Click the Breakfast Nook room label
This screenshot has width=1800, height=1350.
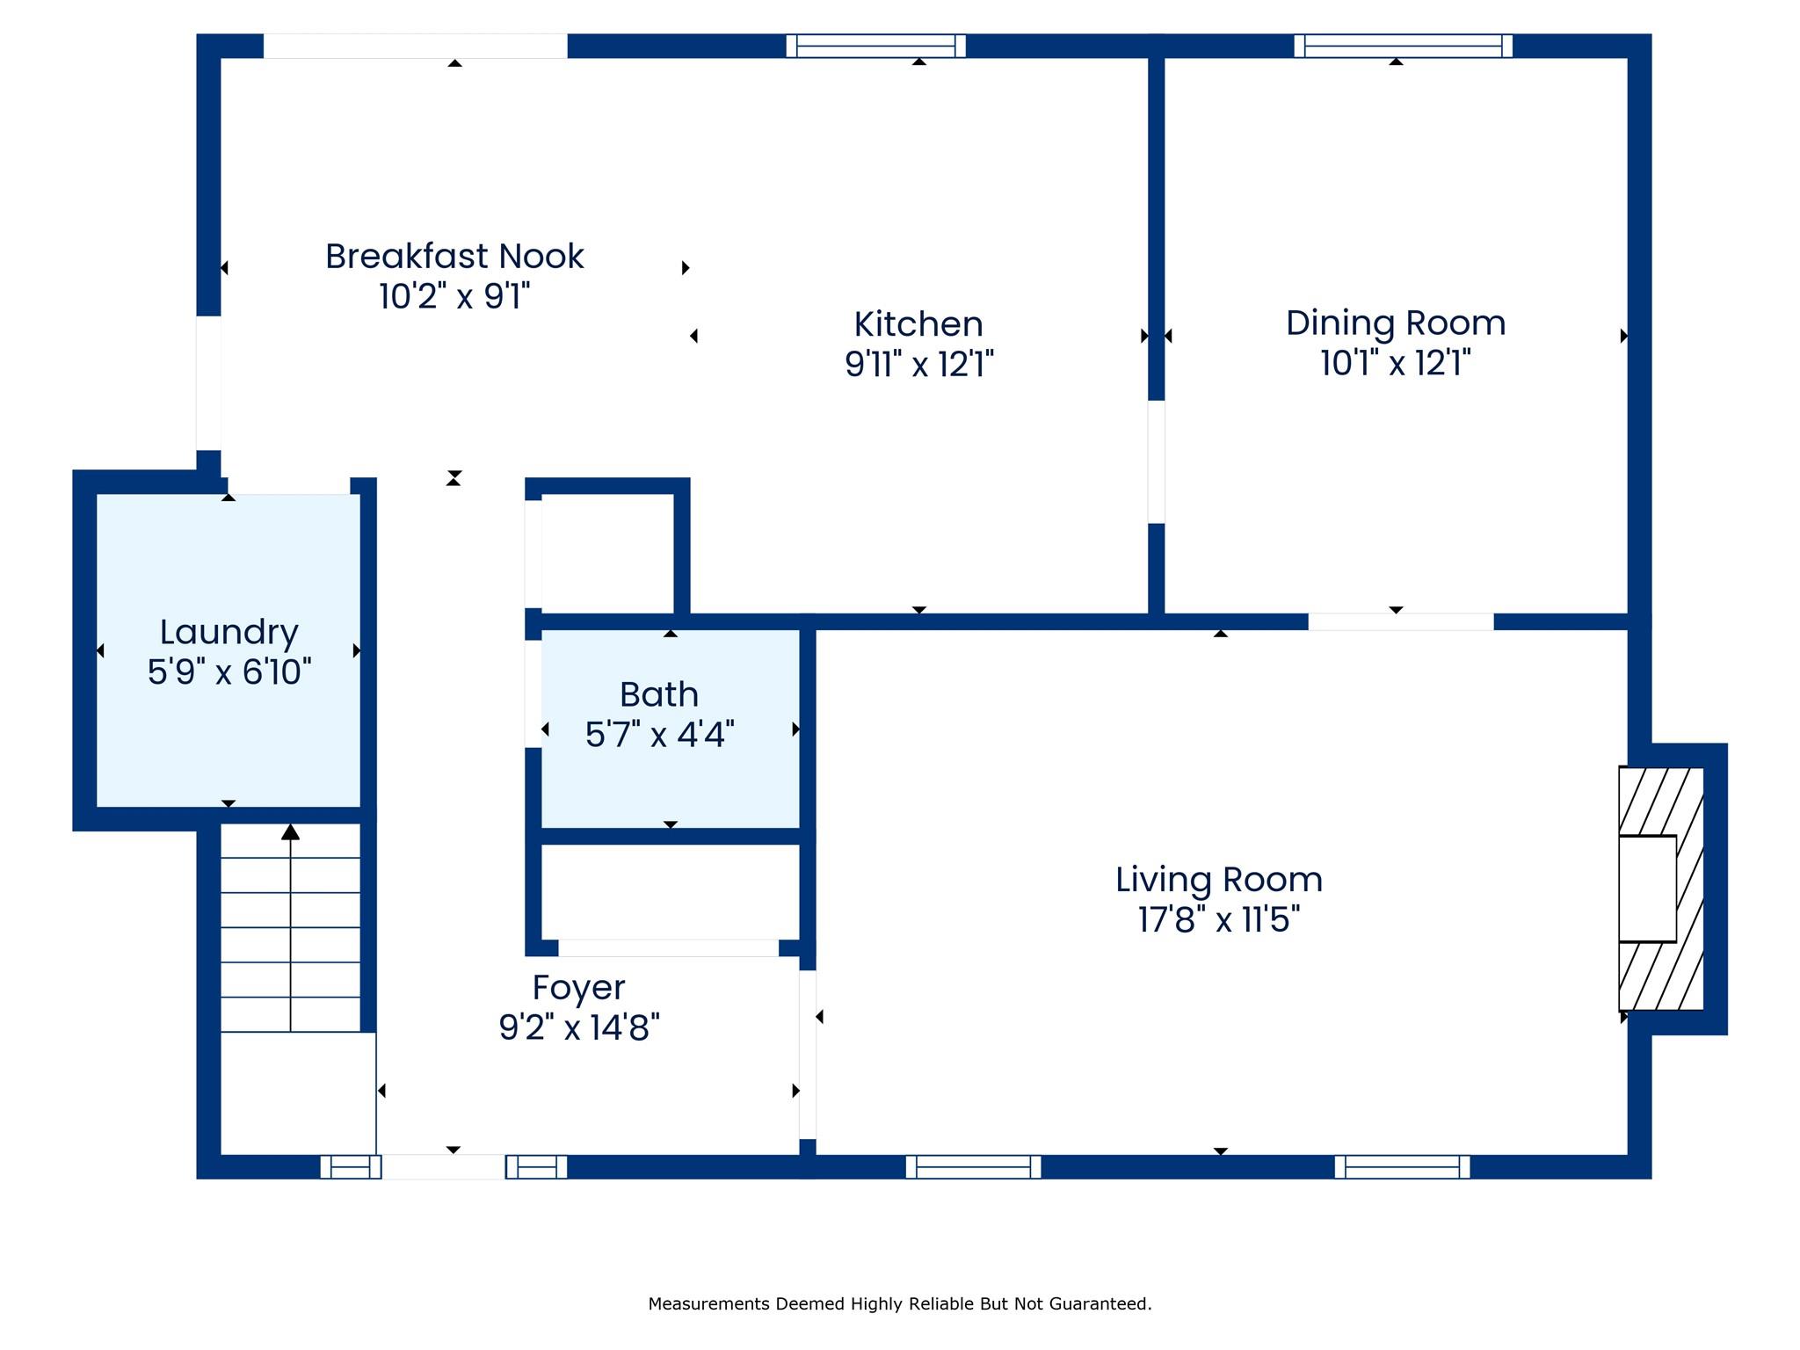point(454,257)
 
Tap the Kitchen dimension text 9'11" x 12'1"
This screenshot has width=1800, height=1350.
point(918,363)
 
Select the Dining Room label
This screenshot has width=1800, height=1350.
point(1396,323)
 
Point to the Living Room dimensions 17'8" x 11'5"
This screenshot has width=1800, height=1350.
point(1219,919)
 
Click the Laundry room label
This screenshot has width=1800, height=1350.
point(229,632)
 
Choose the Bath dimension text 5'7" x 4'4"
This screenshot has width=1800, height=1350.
point(659,734)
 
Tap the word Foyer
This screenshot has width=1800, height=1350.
point(578,987)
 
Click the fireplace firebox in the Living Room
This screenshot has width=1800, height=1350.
point(1647,889)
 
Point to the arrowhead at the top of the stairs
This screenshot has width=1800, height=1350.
point(290,831)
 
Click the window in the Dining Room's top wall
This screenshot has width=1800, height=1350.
point(1403,46)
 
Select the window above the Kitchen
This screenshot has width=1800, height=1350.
point(875,46)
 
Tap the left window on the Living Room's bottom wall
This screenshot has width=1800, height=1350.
point(973,1167)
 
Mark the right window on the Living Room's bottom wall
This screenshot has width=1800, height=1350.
point(1402,1167)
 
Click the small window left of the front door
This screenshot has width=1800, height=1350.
point(351,1167)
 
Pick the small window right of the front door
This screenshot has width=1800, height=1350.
point(536,1167)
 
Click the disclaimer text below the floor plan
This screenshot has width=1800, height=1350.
point(899,1304)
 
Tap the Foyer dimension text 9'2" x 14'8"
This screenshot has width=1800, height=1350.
point(578,1027)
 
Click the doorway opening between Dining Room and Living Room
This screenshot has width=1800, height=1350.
point(1400,622)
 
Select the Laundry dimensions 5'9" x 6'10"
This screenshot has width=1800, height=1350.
point(229,672)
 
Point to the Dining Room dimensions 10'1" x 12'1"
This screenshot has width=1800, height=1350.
point(1396,362)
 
